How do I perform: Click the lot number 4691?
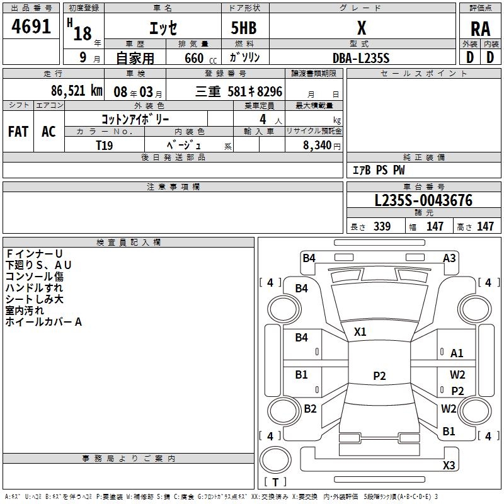tap(31, 29)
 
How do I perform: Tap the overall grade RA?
tap(480, 29)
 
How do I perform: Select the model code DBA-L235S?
tap(362, 58)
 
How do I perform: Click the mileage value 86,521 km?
tap(76, 91)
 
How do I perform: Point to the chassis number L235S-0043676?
tap(423, 201)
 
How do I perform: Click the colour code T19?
tap(105, 144)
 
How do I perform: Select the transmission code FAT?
tap(18, 132)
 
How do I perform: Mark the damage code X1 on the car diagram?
tap(360, 332)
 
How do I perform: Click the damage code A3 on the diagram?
tap(449, 258)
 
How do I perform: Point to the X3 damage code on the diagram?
tap(449, 466)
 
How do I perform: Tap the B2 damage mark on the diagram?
tap(310, 409)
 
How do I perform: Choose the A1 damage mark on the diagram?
tap(457, 353)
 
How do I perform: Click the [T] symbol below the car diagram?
tap(275, 483)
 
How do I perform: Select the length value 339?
tap(382, 227)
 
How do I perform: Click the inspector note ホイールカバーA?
tap(43, 322)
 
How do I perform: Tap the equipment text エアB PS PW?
tap(379, 170)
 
